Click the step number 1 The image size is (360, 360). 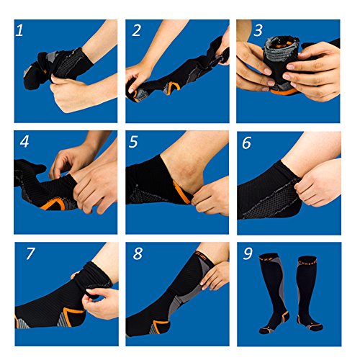coord(19,30)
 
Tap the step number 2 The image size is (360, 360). coord(136,30)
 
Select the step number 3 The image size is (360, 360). coord(258,30)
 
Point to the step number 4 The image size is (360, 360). coord(24,141)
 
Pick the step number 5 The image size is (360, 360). coord(133,141)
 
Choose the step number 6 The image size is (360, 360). coord(246,143)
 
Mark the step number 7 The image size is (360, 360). coord(31,253)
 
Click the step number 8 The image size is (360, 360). coord(138,253)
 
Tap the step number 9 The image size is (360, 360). coord(248,253)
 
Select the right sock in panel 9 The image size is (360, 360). coord(308,293)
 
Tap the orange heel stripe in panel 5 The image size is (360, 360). coord(182,192)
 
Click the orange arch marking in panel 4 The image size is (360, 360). coord(53,204)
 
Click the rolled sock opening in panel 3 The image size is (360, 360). coord(281,47)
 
